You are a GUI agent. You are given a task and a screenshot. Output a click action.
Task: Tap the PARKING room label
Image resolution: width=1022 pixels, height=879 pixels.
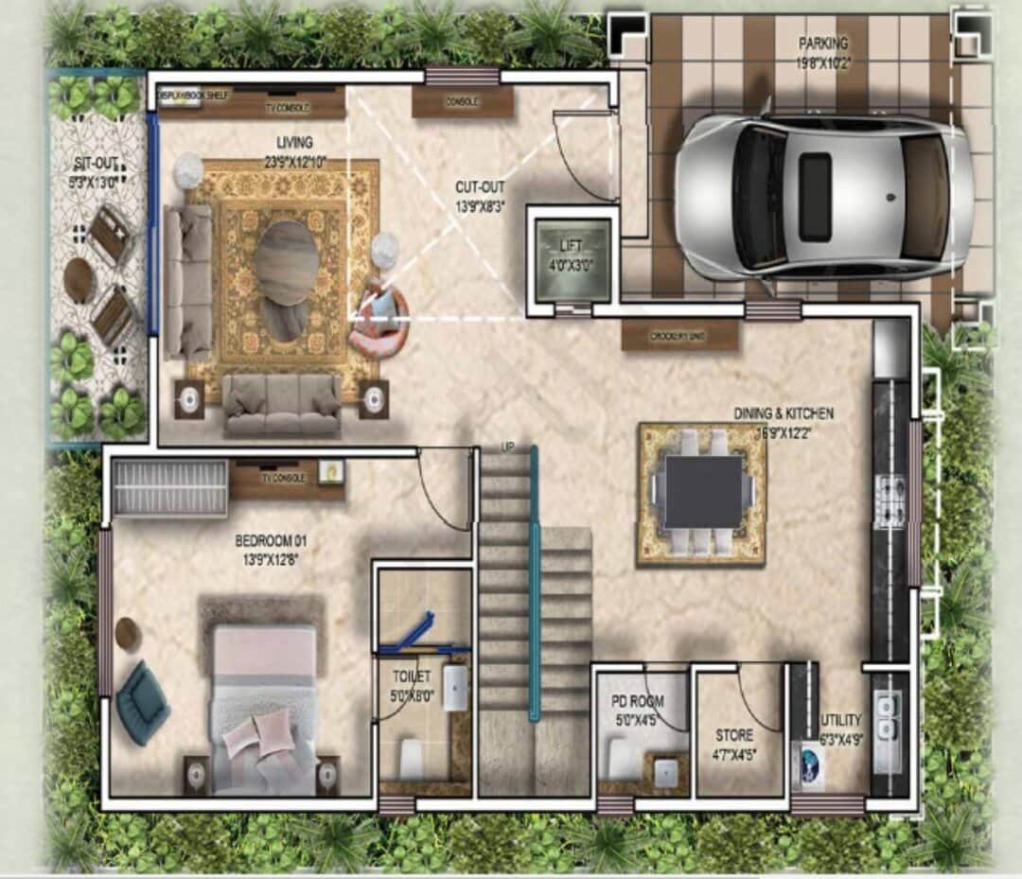click(821, 44)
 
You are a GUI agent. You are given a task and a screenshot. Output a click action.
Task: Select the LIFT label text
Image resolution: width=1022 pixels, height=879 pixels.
click(571, 246)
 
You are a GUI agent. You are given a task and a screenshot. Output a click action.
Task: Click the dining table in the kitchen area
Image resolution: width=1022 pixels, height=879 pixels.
click(702, 492)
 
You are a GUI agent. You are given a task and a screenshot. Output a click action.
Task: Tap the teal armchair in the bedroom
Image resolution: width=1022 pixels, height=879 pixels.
click(143, 701)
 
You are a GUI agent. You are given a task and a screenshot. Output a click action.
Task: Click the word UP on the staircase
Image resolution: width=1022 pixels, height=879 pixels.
click(506, 448)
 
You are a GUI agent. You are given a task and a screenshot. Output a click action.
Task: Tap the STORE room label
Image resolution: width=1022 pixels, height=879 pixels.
click(734, 735)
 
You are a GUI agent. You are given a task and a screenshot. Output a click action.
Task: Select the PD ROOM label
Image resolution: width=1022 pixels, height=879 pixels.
click(638, 701)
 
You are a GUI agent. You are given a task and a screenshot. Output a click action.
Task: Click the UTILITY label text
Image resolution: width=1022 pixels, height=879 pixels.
click(841, 720)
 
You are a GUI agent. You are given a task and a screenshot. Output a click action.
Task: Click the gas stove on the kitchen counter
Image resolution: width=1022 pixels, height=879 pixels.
click(890, 502)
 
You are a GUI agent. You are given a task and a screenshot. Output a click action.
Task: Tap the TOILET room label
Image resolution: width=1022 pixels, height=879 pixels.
click(412, 677)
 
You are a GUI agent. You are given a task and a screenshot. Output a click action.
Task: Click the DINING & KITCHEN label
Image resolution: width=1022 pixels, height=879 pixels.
click(784, 413)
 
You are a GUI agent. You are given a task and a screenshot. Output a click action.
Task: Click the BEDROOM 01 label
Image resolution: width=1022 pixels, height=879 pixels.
click(272, 541)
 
